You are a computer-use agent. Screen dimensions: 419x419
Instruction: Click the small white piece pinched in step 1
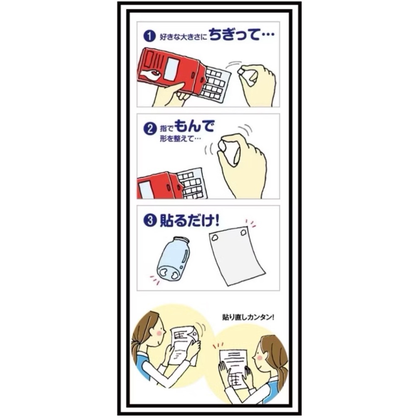tap(242, 73)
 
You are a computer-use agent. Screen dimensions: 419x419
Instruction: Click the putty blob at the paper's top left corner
tap(215, 238)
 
